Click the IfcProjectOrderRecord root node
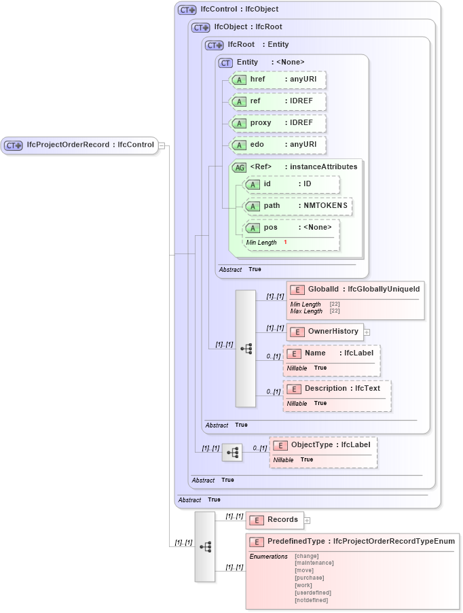click(x=79, y=145)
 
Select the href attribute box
click(x=278, y=80)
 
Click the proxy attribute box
click(x=278, y=123)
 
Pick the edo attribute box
click(x=278, y=145)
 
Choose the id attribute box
click(x=291, y=184)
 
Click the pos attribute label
click(x=271, y=228)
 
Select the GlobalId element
click(x=356, y=290)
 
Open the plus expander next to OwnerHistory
click(x=367, y=332)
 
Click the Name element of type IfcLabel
click(x=331, y=353)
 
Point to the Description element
click(x=337, y=389)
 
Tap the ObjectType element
click(x=323, y=445)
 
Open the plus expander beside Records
click(x=307, y=521)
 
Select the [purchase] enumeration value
click(x=309, y=578)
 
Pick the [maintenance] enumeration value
click(x=314, y=563)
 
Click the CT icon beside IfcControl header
click(x=187, y=10)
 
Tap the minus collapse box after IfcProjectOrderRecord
click(x=162, y=145)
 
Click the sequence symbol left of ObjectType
click(x=232, y=451)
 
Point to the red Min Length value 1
click(x=285, y=243)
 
